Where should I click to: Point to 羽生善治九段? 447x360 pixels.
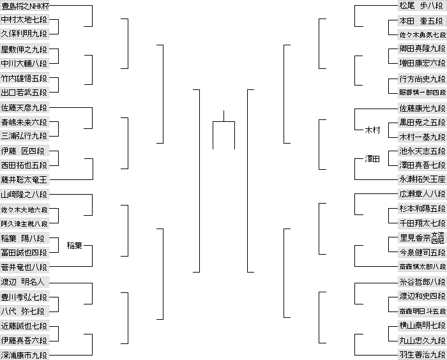[421, 354]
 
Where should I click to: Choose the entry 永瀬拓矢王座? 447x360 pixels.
[421, 180]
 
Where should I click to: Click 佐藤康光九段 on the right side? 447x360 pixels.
[421, 108]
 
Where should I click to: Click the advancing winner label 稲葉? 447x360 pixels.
[75, 246]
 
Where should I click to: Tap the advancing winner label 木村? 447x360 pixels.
[372, 130]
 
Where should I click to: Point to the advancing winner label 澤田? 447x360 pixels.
[372, 159]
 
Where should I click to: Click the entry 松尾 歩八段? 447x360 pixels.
[421, 6]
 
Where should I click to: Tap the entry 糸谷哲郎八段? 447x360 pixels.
[421, 281]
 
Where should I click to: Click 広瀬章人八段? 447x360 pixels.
[421, 195]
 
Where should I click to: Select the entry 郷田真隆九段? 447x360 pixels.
[421, 50]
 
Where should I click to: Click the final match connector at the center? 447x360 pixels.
[223, 121]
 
